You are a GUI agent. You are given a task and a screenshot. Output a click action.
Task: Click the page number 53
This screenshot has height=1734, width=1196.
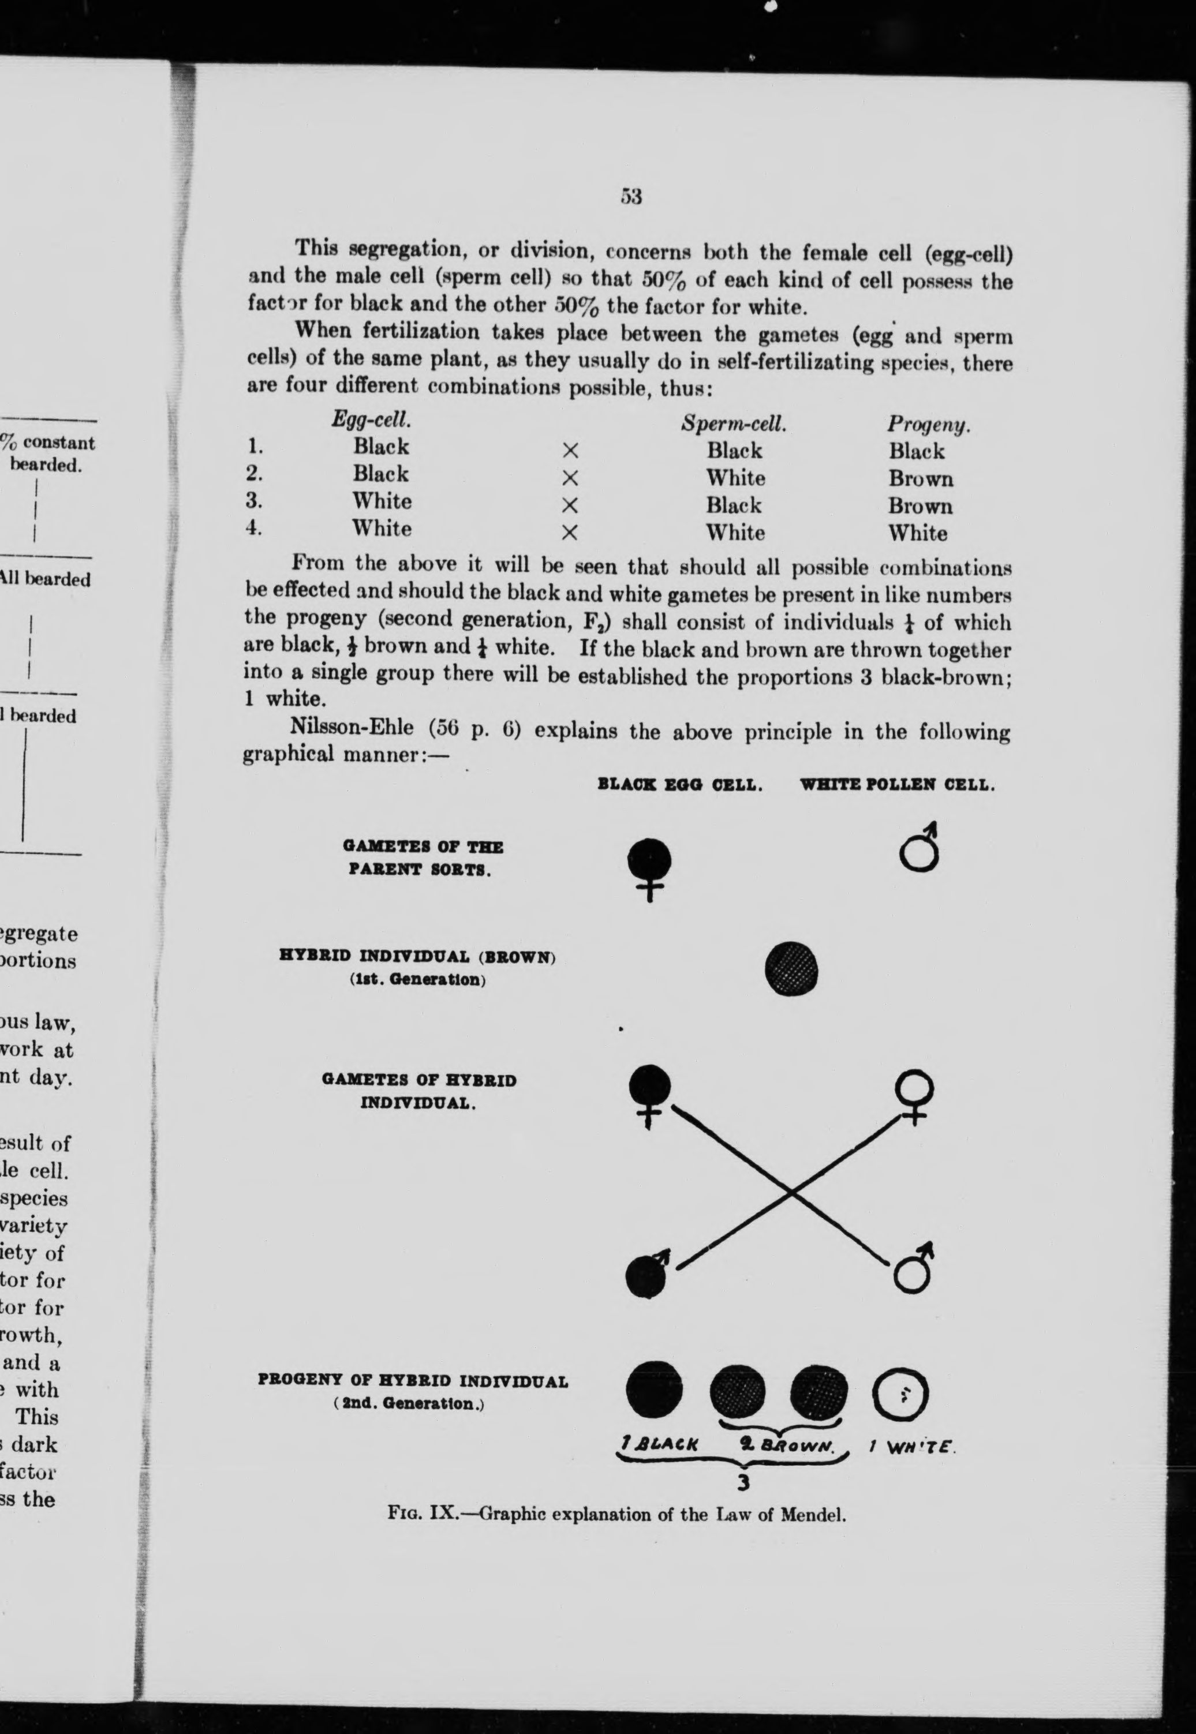coord(631,196)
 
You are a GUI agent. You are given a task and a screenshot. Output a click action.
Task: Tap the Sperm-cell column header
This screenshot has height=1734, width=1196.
coord(734,424)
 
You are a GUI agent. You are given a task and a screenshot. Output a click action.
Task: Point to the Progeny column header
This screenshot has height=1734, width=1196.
coord(929,425)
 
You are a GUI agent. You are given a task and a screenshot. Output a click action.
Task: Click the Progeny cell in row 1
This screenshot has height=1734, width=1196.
coord(917,452)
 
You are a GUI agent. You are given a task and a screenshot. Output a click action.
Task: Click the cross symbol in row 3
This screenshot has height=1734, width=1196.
coord(570,505)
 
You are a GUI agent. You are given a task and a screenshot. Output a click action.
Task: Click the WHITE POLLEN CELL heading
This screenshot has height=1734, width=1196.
coord(898,787)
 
